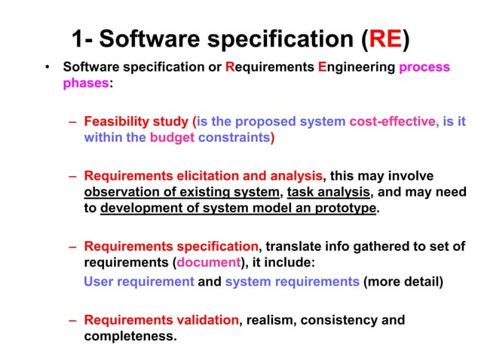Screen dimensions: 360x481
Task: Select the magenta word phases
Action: point(86,83)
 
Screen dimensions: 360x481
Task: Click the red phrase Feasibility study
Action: point(137,121)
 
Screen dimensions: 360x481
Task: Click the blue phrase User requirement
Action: point(139,282)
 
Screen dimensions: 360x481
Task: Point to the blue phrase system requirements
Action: point(292,282)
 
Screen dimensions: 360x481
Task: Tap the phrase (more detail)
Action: point(403,282)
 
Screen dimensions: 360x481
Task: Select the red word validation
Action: point(206,320)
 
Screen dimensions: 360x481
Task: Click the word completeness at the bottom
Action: point(130,336)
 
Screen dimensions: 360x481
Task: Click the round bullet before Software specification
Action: point(47,68)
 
